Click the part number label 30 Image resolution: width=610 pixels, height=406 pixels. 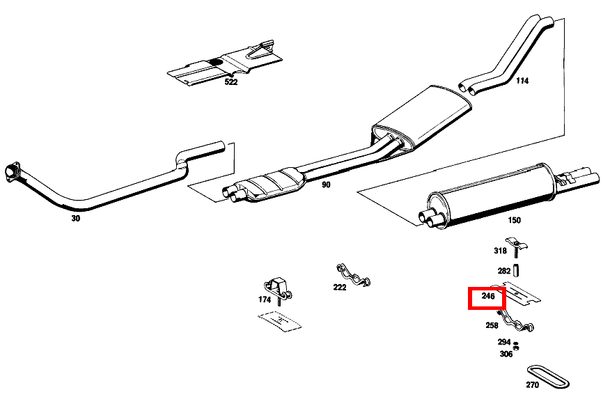pos(75,218)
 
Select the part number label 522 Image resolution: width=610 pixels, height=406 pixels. pos(230,81)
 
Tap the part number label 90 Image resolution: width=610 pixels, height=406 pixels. pos(326,185)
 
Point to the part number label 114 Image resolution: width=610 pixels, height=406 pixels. pos(522,81)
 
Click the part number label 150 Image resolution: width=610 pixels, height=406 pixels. pos(513,220)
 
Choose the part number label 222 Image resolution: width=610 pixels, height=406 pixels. pos(339,287)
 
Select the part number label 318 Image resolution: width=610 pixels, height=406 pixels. pos(500,251)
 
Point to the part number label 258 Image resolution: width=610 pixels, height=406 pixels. pos(492,325)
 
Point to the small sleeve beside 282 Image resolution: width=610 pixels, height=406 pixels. pos(517,270)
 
